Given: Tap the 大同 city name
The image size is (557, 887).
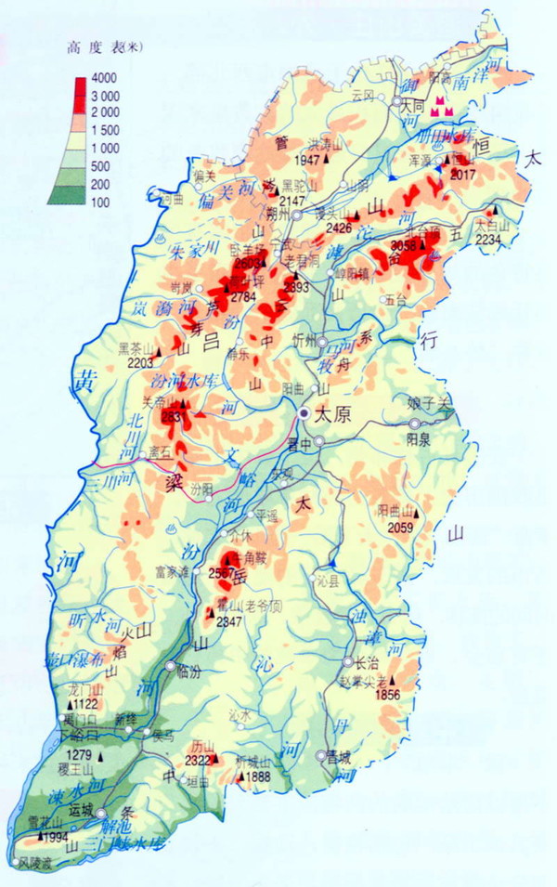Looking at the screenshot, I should pos(412,107).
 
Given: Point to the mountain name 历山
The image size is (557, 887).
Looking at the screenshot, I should pos(202,746).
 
